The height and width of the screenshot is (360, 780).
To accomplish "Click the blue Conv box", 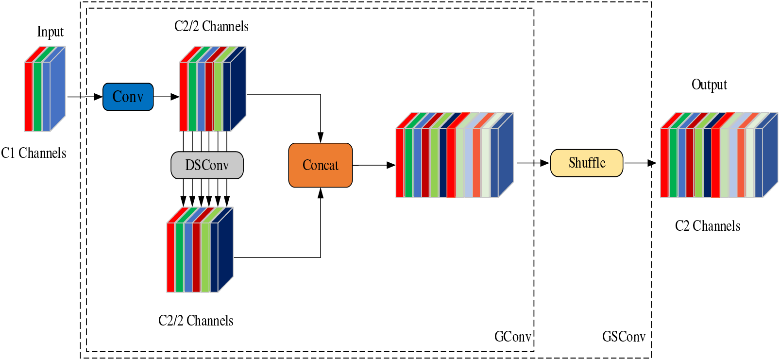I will coord(128,97).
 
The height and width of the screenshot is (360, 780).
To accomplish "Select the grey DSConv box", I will coord(207,165).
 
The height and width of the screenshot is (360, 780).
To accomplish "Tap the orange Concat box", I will coord(321,165).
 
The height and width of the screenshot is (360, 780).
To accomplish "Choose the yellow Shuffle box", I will coord(587,163).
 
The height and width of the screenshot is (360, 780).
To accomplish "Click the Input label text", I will coord(50,32).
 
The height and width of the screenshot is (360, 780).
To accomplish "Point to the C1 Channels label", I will coord(34,154).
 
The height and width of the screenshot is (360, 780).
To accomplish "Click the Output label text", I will coord(709,85).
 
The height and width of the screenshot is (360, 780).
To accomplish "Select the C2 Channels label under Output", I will coord(708,226).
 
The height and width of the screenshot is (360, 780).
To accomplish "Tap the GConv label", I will coord(512,337).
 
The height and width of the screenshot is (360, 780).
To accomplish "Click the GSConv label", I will coord(624,337).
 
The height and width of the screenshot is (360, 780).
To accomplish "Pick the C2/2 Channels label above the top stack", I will coord(211,26).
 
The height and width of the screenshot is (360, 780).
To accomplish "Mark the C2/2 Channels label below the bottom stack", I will coord(196,321).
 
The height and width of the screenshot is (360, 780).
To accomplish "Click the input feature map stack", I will coord(45,89).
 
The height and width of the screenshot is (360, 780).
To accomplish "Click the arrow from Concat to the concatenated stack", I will coord(373,165).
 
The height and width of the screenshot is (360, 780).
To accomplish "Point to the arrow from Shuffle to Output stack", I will coord(640,163).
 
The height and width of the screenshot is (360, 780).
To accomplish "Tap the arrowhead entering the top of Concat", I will coord(321,137).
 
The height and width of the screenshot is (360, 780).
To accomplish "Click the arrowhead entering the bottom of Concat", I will coord(321,193).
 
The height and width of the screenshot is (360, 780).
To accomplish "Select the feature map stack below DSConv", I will coord(200,250).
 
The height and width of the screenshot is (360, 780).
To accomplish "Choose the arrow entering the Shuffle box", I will coord(533,163).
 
